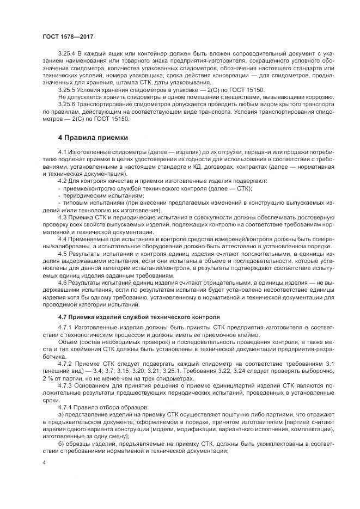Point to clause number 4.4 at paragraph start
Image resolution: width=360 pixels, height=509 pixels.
[62, 238]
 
